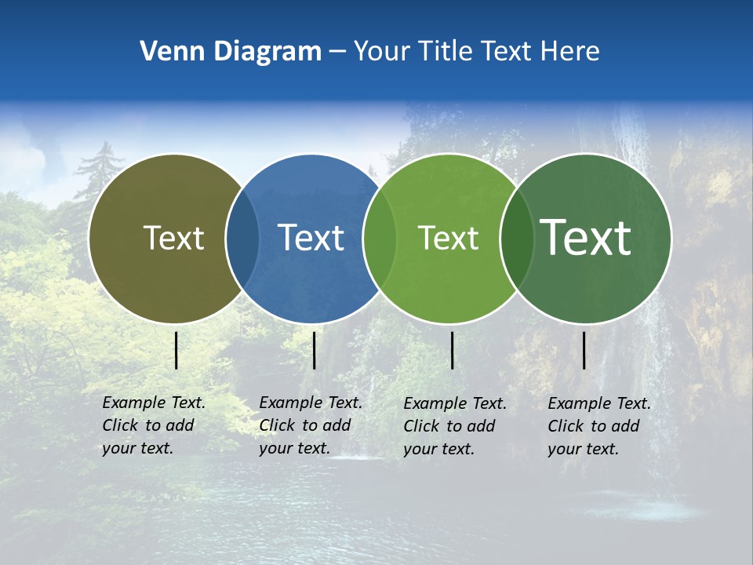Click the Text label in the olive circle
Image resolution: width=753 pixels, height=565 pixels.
(173, 238)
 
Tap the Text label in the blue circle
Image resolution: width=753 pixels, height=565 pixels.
(311, 238)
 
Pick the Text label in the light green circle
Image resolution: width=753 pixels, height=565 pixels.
(448, 238)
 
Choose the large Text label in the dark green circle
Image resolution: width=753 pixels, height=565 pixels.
(586, 238)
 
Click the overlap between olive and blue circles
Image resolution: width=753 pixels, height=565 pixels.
(242, 238)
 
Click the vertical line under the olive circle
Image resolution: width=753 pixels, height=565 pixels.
(176, 350)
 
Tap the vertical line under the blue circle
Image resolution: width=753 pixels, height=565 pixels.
(314, 350)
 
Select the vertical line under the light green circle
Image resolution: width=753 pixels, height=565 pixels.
(453, 350)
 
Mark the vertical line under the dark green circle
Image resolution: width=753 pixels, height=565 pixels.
(584, 350)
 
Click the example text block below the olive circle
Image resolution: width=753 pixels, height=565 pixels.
(154, 425)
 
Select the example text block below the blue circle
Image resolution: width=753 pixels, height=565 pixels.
(311, 425)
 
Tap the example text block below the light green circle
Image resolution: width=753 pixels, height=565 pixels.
(455, 426)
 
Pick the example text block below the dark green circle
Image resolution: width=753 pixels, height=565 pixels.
(599, 426)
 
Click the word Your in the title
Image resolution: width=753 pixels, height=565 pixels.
(380, 52)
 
